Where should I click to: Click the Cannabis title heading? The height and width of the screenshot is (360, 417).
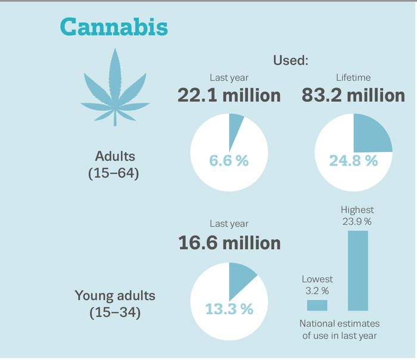(114, 27)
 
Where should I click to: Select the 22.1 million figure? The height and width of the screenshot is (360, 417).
(229, 95)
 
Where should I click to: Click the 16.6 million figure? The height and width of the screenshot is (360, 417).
(229, 243)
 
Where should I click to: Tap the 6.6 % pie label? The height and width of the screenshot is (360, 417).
(229, 161)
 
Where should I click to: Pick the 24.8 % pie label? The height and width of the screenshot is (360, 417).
(353, 161)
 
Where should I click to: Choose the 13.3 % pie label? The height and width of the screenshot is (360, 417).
(229, 309)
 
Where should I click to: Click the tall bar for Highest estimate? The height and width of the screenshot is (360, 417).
(357, 271)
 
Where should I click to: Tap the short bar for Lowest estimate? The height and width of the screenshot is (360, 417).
(317, 305)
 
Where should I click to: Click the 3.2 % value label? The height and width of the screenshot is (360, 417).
(317, 291)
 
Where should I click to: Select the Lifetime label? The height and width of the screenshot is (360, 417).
(353, 77)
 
